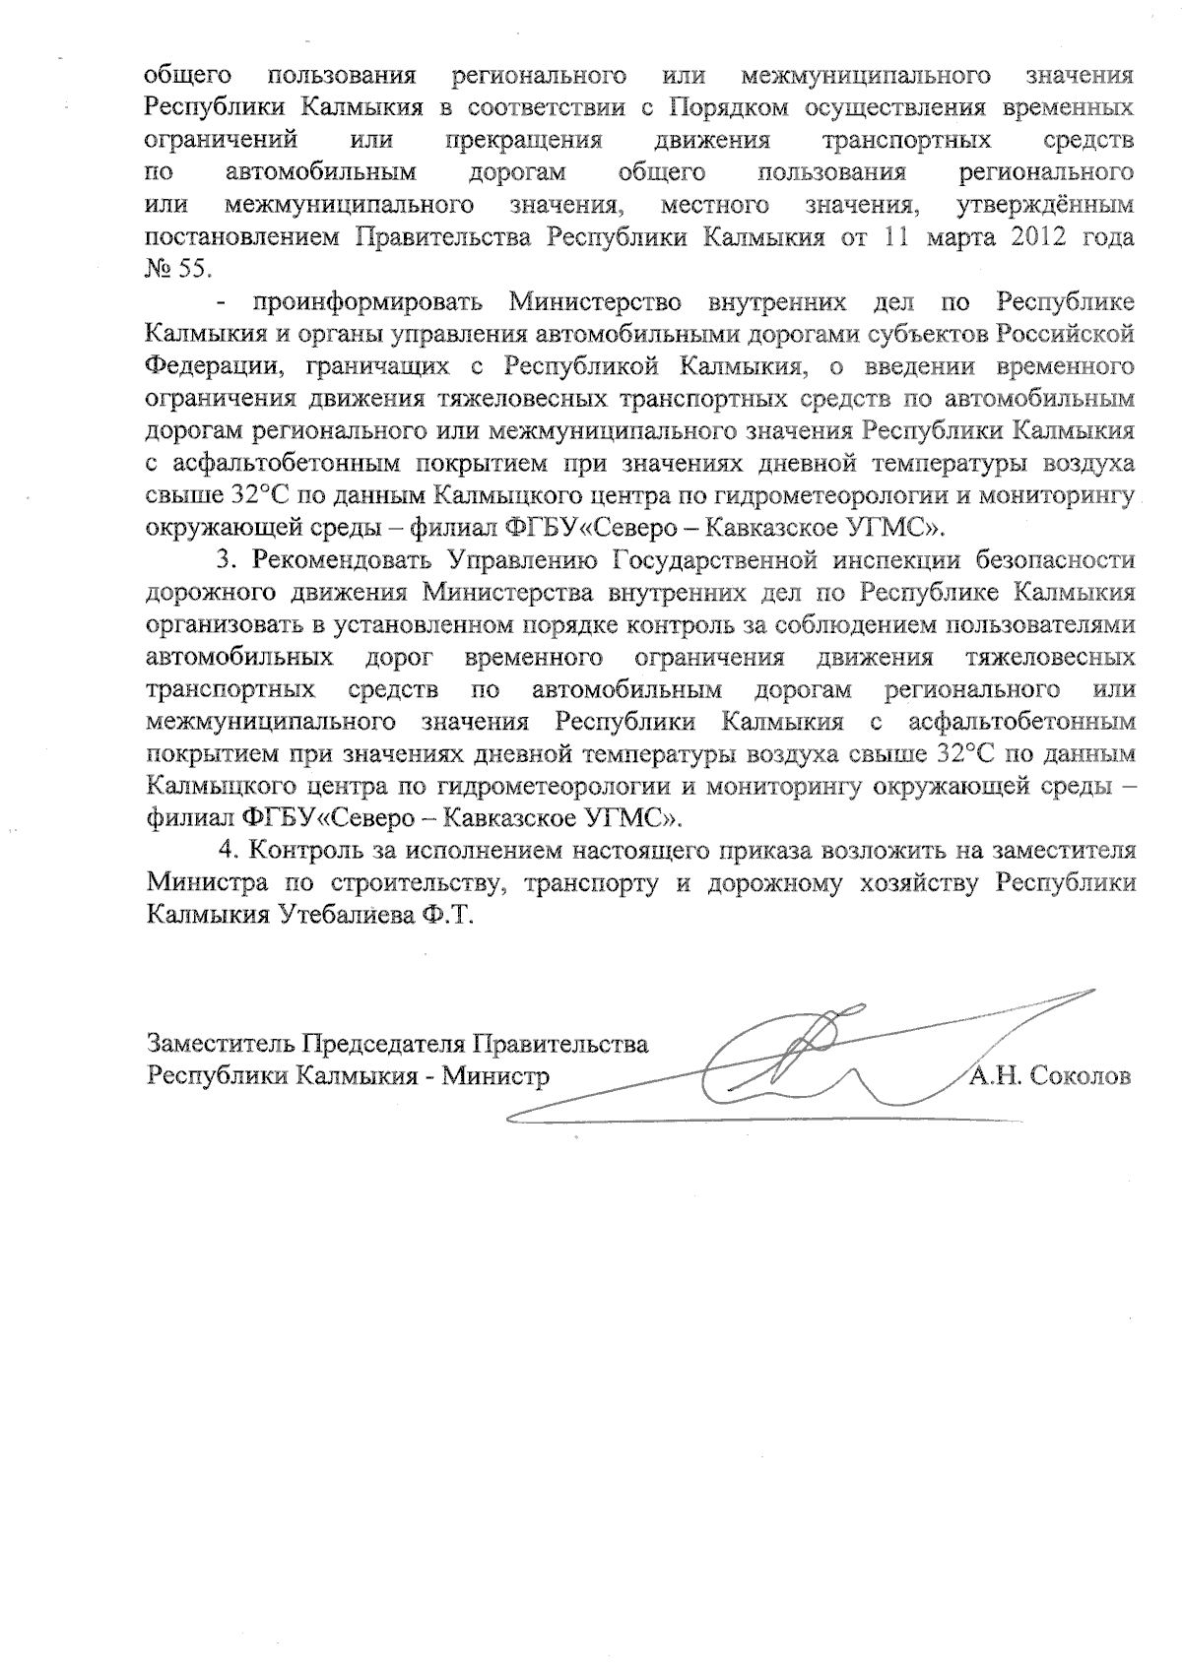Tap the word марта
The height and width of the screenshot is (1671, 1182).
(x=948, y=238)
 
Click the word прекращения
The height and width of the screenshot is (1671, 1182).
(x=523, y=140)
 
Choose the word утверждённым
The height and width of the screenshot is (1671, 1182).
(x=1044, y=206)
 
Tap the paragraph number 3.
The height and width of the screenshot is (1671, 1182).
(x=226, y=559)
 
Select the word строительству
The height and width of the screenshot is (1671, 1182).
(x=413, y=883)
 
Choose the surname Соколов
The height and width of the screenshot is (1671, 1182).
(x=1081, y=1075)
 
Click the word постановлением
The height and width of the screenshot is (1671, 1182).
(x=243, y=238)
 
